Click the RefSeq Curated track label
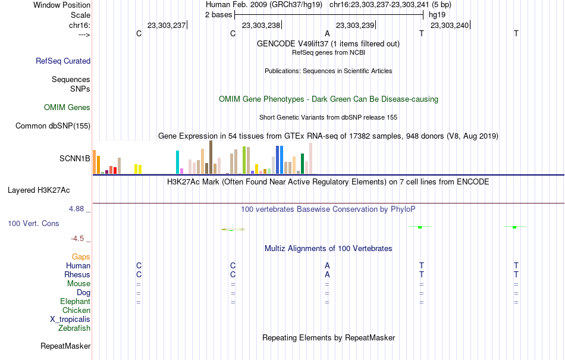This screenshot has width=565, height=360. (x=63, y=61)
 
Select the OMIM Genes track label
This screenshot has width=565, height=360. (x=67, y=107)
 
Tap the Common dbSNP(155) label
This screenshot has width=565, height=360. (x=53, y=126)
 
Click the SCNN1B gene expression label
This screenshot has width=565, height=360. (x=74, y=158)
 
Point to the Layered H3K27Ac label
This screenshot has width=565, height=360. (x=39, y=190)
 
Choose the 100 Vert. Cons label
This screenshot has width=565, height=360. (x=33, y=223)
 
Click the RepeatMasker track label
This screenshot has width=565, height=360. (x=65, y=346)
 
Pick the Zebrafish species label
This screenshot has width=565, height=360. (x=74, y=328)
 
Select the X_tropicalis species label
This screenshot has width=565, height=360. (x=70, y=320)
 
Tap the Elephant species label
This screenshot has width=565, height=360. (x=76, y=301)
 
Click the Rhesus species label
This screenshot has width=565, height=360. (x=77, y=274)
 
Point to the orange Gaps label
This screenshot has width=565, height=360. (x=81, y=257)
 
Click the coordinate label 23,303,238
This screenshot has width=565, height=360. (x=261, y=25)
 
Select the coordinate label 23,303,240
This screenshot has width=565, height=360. (x=450, y=25)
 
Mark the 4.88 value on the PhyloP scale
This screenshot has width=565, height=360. (x=76, y=209)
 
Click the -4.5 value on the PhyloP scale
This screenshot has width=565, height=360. (x=77, y=239)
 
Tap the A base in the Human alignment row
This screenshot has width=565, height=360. (x=327, y=265)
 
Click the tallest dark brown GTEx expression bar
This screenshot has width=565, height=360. (x=211, y=157)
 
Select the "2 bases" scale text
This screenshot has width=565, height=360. (x=219, y=15)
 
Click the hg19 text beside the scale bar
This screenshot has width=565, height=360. (x=437, y=15)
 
